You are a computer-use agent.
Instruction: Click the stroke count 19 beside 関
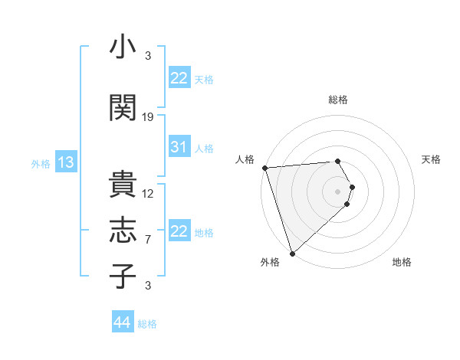tap(148, 117)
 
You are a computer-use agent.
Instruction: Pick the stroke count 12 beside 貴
tap(148, 194)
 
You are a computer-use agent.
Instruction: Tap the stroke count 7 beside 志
tap(148, 240)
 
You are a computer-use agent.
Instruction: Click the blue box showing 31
tap(179, 147)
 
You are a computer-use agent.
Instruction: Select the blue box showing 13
tap(65, 162)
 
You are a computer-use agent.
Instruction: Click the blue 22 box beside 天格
tap(179, 78)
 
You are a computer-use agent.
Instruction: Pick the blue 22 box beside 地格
tap(179, 231)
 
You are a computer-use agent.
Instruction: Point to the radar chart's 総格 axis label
tap(338, 100)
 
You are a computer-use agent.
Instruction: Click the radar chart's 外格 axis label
tap(270, 262)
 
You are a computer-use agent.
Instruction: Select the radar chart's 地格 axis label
tap(402, 262)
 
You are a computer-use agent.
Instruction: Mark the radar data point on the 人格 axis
tap(264, 168)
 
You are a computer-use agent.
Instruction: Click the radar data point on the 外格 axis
tap(292, 253)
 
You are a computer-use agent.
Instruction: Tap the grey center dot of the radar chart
tap(338, 190)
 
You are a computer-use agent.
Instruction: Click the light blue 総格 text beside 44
tap(147, 324)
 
